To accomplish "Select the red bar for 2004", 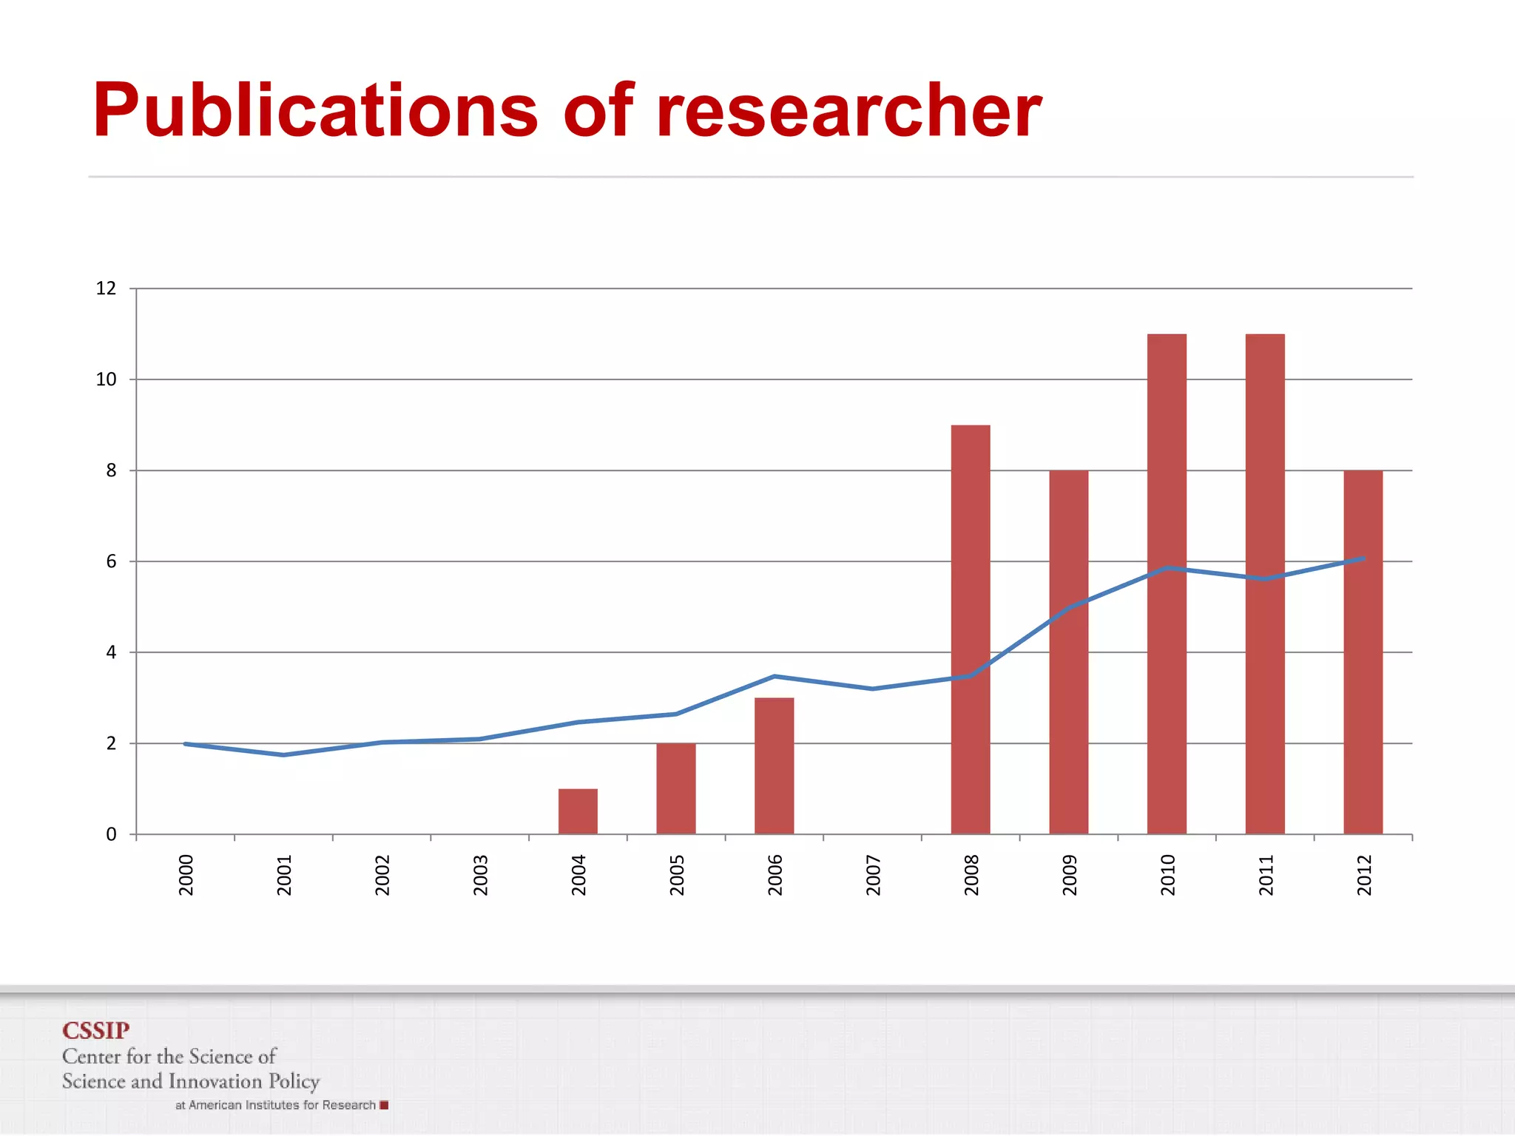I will pos(578,811).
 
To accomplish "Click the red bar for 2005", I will pos(676,788).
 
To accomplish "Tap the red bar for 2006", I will pos(774,765).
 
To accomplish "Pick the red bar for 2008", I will pos(971,629).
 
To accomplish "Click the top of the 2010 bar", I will pos(1167,337).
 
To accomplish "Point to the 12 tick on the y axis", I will pos(107,288).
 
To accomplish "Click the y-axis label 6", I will pos(111,561).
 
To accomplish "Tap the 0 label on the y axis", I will pos(111,834).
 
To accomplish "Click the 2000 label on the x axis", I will pos(186,875).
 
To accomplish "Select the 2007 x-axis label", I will pos(874,875).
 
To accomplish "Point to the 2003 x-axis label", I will pos(481,875).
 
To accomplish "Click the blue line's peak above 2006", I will pos(774,676).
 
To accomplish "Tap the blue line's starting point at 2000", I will pos(185,744).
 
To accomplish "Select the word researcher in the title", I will pos(848,111).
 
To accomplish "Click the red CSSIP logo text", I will pos(96,1030).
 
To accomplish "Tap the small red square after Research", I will pos(384,1105).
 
